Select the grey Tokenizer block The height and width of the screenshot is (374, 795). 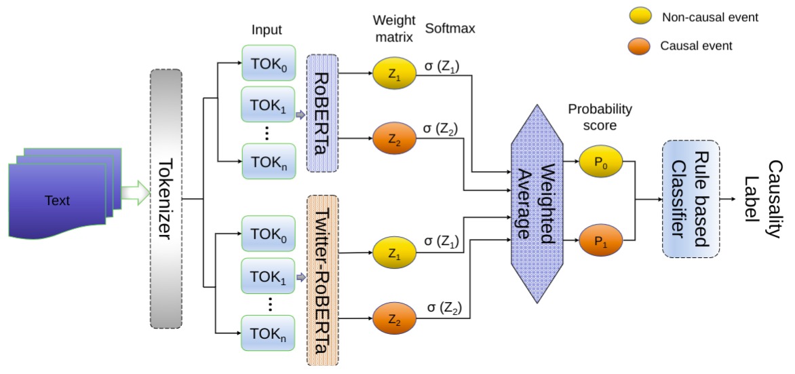(x=166, y=199)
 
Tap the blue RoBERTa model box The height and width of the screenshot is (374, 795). (x=322, y=112)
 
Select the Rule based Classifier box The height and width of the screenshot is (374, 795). (x=690, y=198)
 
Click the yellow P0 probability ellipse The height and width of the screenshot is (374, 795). (x=597, y=163)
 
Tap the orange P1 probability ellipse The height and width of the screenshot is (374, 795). (x=597, y=241)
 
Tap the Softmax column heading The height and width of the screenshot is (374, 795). (x=450, y=29)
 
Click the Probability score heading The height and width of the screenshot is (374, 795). (x=600, y=115)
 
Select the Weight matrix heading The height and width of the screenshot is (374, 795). (x=391, y=29)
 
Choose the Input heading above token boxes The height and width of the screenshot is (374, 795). (x=266, y=30)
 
